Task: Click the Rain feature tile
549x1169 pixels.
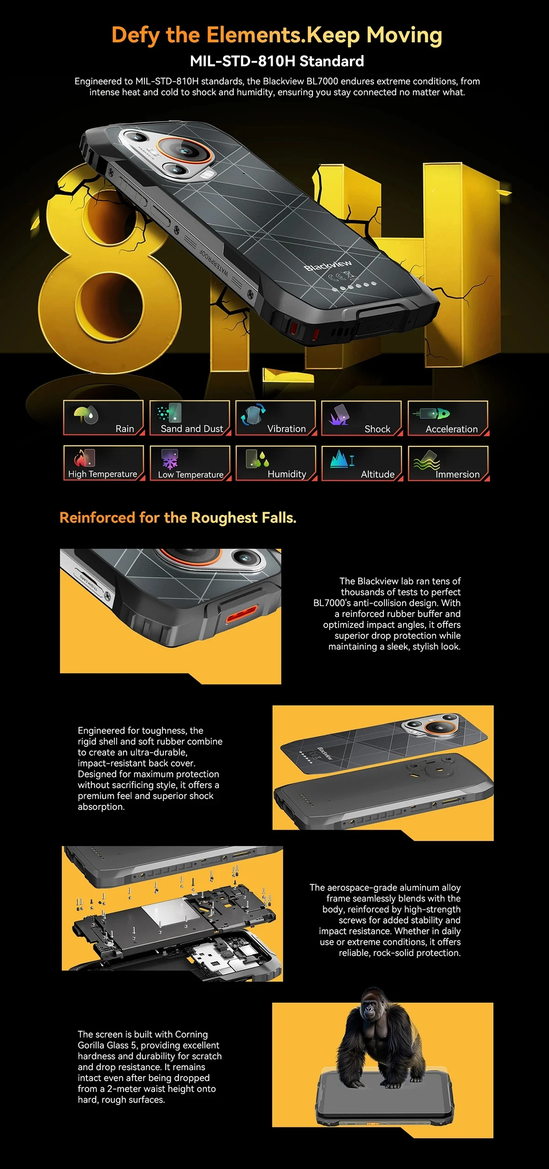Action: tap(103, 418)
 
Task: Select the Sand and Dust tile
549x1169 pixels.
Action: tap(190, 418)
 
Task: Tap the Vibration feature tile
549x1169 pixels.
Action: tap(276, 418)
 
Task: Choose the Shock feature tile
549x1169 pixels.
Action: tap(362, 418)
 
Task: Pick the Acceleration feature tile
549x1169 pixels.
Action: tap(448, 418)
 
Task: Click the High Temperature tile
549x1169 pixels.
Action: tap(103, 463)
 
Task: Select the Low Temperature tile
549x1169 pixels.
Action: tap(190, 463)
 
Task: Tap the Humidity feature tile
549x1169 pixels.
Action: tap(276, 463)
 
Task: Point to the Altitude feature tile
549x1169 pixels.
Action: tap(362, 463)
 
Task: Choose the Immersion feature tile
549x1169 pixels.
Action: tap(448, 463)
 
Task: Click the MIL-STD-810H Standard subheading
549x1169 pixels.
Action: tap(277, 61)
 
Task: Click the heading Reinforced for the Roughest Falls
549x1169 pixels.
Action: tap(178, 518)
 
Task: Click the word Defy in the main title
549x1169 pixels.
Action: tap(136, 35)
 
